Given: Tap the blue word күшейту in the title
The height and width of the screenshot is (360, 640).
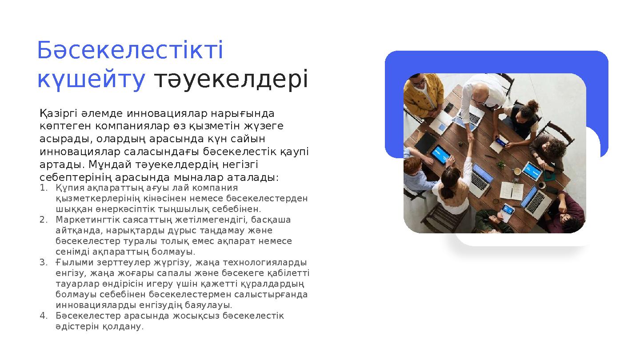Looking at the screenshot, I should pyautogui.click(x=91, y=80).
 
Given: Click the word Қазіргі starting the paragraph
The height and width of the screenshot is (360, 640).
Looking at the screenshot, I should pyautogui.click(x=57, y=114).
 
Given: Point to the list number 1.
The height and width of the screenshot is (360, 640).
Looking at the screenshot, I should pyautogui.click(x=43, y=188).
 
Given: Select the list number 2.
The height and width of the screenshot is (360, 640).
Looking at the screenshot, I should pyautogui.click(x=43, y=220).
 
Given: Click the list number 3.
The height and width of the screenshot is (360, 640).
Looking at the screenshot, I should pyautogui.click(x=43, y=262).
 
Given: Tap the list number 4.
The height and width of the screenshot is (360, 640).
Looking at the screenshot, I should pyautogui.click(x=43, y=316).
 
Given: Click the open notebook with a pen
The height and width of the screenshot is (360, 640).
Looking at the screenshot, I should pyautogui.click(x=511, y=191).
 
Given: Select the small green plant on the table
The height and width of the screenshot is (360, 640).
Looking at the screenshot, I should pyautogui.click(x=501, y=164).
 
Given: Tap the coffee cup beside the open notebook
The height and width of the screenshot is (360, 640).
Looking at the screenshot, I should pyautogui.click(x=517, y=171).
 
